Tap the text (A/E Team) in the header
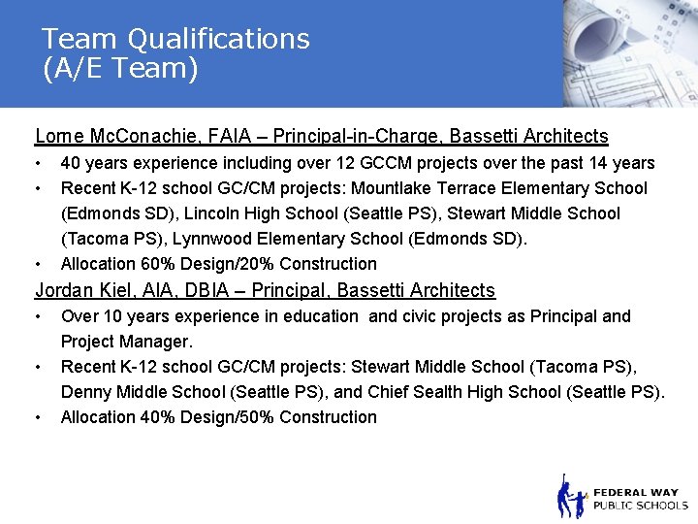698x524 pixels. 120,69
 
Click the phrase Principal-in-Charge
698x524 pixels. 375,137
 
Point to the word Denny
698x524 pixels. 85,392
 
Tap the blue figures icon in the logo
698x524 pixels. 571,497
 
